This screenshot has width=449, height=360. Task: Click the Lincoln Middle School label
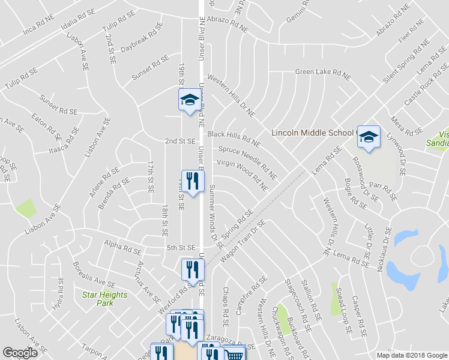coord(313,133)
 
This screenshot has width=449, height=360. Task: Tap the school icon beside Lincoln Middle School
coord(369,137)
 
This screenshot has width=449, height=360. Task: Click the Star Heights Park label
coord(105,299)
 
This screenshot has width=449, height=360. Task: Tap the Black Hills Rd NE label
coord(234,139)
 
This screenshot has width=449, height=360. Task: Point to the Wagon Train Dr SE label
coord(243,242)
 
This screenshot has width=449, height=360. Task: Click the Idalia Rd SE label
coord(77,20)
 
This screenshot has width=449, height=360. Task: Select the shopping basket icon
coord(234,355)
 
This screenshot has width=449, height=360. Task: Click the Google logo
coord(20,353)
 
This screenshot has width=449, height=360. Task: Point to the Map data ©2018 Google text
coord(411,355)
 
